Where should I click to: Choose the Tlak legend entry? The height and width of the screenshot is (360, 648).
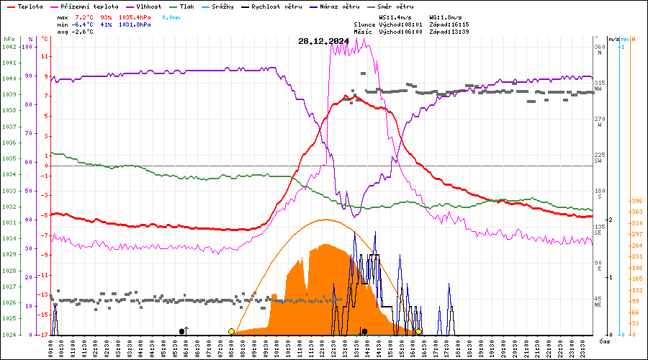click(x=186, y=6)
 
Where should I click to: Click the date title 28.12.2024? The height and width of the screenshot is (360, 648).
click(x=323, y=41)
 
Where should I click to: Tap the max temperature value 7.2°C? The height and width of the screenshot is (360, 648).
click(x=84, y=16)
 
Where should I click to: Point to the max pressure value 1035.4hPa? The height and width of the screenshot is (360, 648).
click(x=135, y=16)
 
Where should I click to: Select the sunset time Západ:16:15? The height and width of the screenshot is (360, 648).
click(x=449, y=24)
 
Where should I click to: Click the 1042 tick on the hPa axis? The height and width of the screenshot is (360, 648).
click(x=9, y=47)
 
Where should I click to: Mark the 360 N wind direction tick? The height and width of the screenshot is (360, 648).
click(x=598, y=48)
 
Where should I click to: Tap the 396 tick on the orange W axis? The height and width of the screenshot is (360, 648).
click(x=636, y=201)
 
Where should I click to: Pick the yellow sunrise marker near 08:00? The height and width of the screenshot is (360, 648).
click(x=231, y=332)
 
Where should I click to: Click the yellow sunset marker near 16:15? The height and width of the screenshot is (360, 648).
click(x=418, y=332)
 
